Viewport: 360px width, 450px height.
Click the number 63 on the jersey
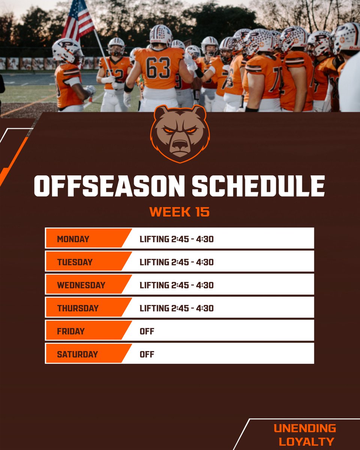coord(158,67)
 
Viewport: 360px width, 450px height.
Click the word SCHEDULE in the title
coord(258,186)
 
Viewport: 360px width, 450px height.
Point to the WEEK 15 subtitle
coord(179,212)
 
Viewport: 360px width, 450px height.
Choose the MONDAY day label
coord(73,239)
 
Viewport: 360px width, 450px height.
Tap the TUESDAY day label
coord(75,262)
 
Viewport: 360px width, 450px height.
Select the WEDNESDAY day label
coord(81,285)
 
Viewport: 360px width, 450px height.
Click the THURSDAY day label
coord(78,308)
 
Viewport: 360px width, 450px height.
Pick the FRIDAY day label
coord(71,331)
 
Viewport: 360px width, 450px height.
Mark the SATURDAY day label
coord(77,354)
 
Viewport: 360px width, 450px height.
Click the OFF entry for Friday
coord(147,331)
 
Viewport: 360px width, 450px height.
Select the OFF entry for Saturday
coord(147,354)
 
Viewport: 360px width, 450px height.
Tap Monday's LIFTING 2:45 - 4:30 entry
coord(177,239)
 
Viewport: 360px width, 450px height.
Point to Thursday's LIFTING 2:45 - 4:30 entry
coord(177,308)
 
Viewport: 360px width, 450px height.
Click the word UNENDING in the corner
coord(304,428)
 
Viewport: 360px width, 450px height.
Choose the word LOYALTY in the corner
coord(306,441)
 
